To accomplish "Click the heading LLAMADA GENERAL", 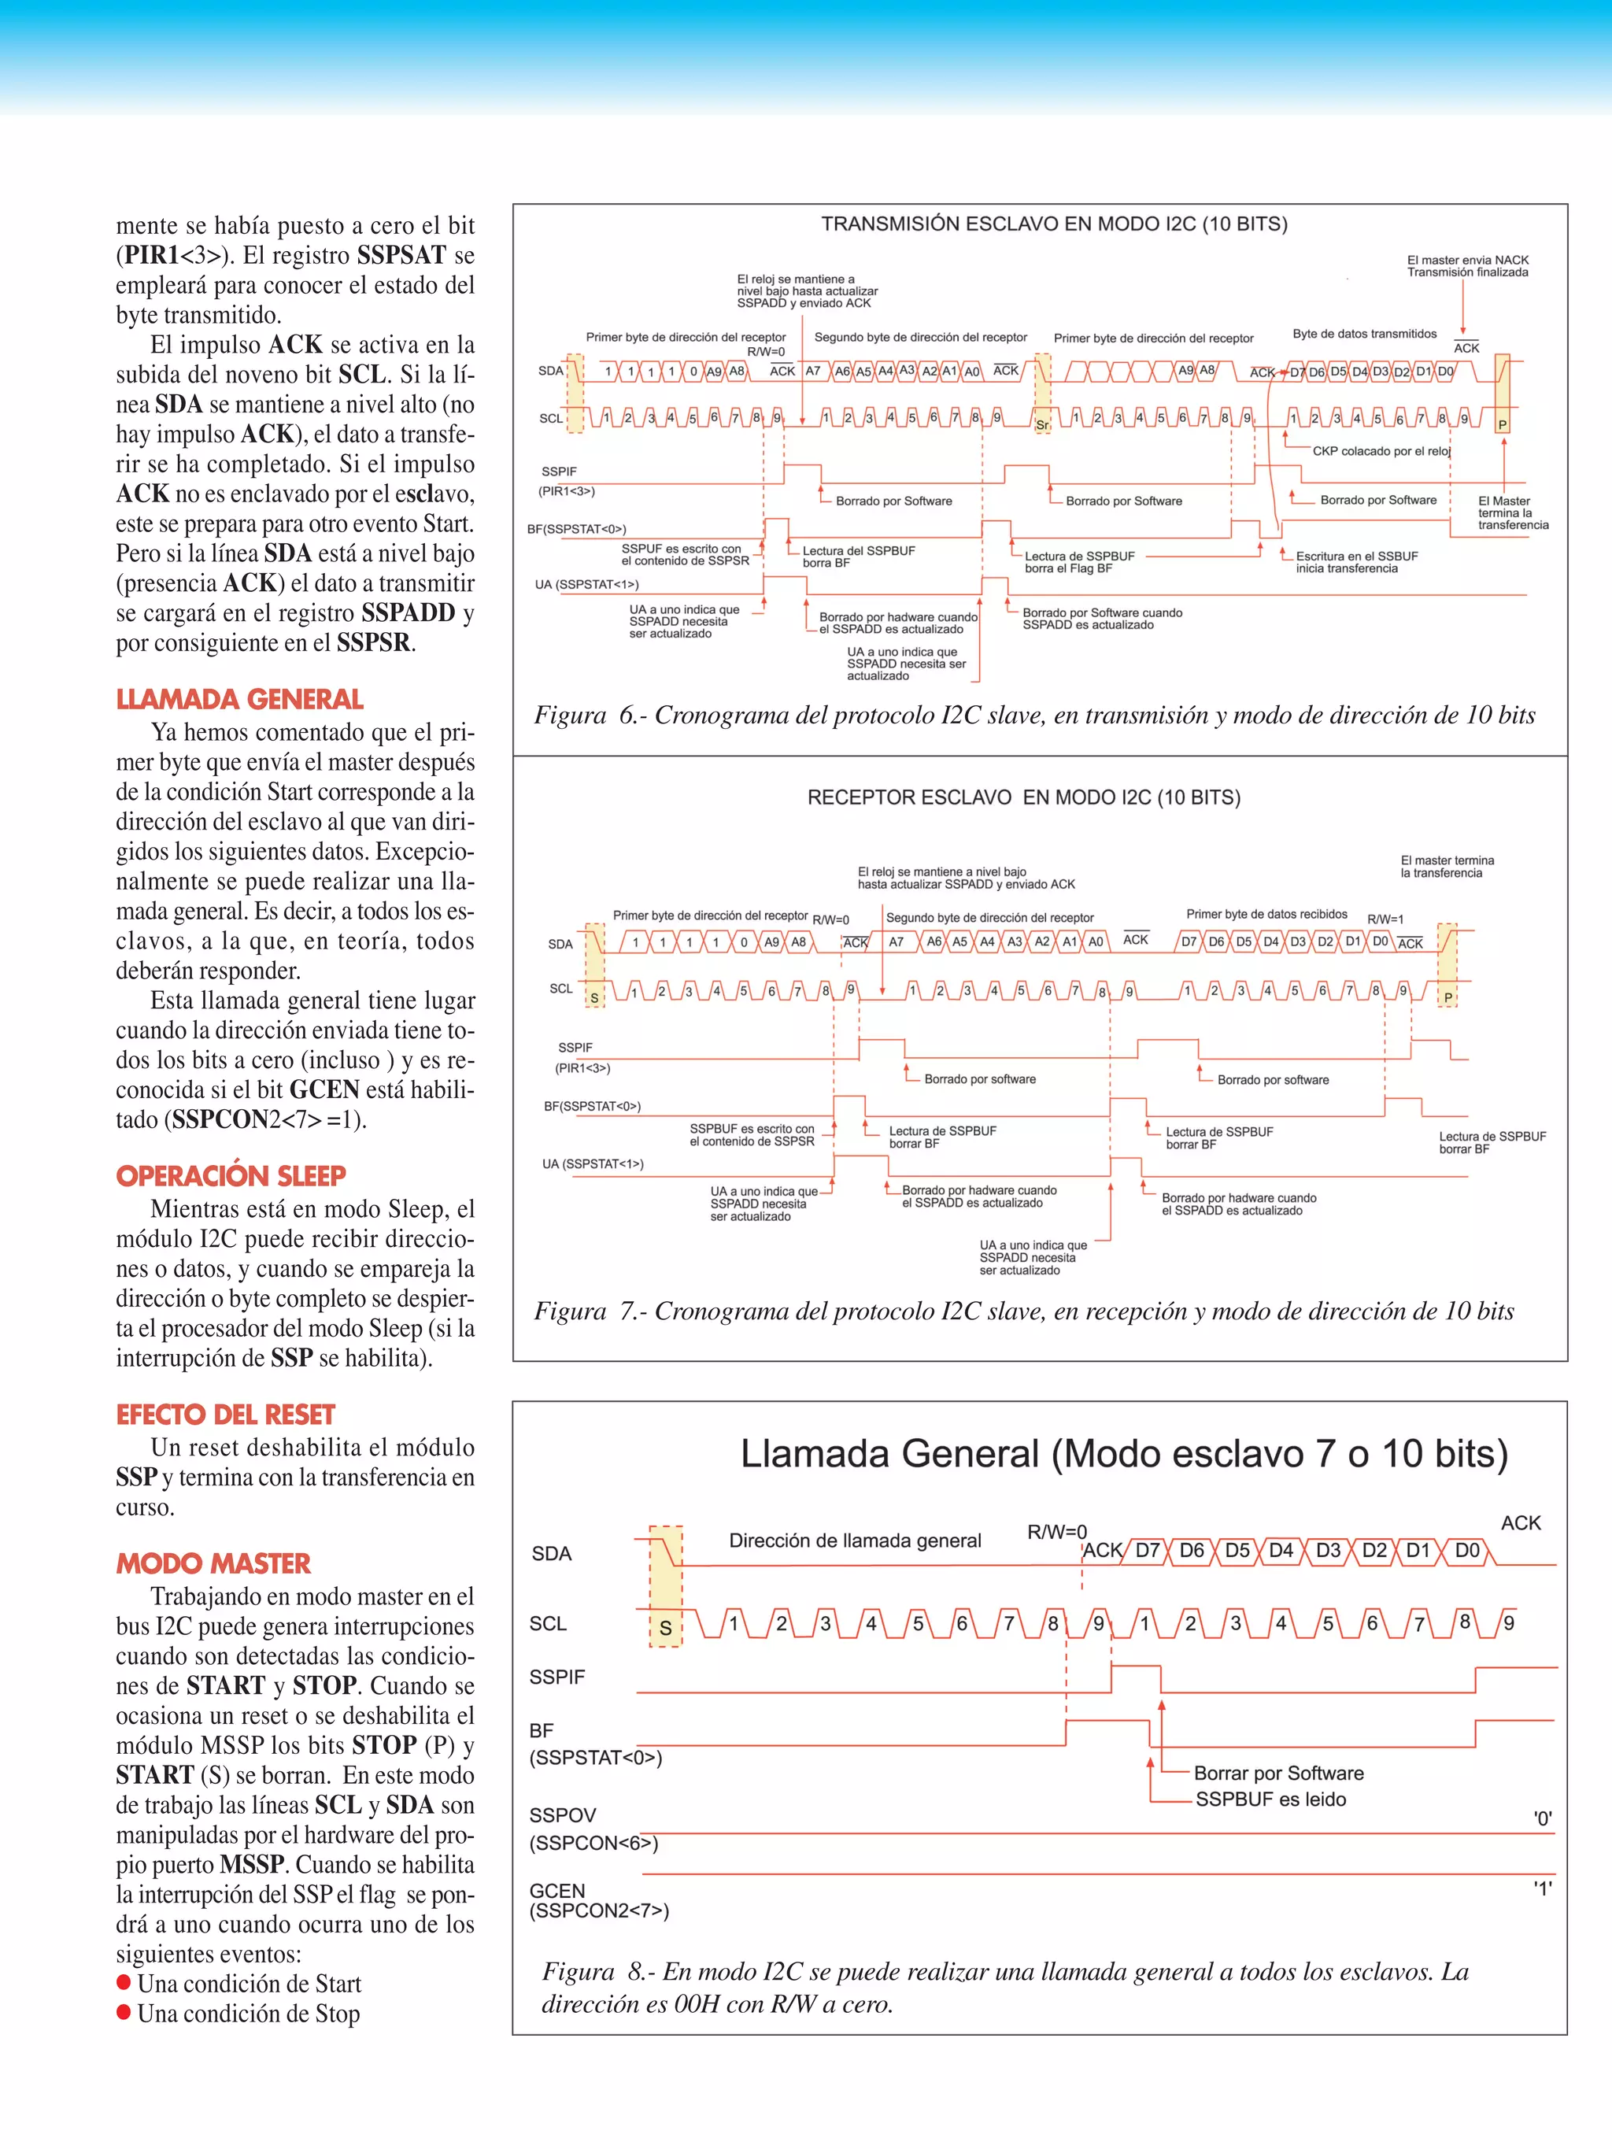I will pyautogui.click(x=239, y=700).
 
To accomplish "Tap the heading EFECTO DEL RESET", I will pyautogui.click(x=225, y=1415).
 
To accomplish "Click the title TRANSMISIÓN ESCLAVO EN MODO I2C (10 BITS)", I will pyautogui.click(x=1054, y=224).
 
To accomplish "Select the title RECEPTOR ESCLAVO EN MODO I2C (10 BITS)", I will pyautogui.click(x=1023, y=797).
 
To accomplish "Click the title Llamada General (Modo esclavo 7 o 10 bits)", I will pyautogui.click(x=1123, y=1455).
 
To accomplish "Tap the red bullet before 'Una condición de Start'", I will pyautogui.click(x=124, y=1982).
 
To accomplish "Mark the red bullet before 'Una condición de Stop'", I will pyautogui.click(x=124, y=2012).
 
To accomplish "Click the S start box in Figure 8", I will pyautogui.click(x=666, y=1628).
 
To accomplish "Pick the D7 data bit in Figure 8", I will pyautogui.click(x=1148, y=1551).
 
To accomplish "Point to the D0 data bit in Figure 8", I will pyautogui.click(x=1466, y=1551).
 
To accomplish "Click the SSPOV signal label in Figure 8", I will pyautogui.click(x=562, y=1814).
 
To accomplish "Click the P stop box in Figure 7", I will pyautogui.click(x=1447, y=998).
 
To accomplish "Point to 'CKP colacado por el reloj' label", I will pyautogui.click(x=1381, y=451).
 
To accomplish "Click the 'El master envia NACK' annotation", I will pyautogui.click(x=1467, y=261).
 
